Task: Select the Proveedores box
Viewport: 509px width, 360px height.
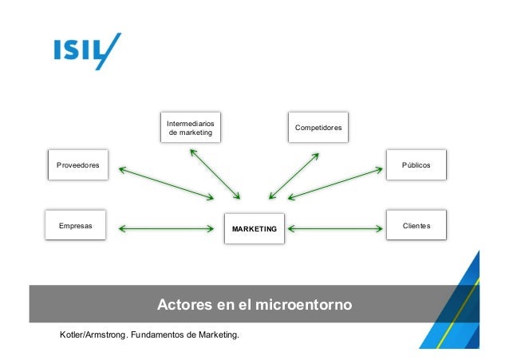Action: pyautogui.click(x=78, y=165)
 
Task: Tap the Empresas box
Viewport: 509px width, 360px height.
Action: pyautogui.click(x=76, y=226)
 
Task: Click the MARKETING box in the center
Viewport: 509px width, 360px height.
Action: pyautogui.click(x=254, y=229)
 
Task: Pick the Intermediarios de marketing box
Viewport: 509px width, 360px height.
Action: pyautogui.click(x=189, y=128)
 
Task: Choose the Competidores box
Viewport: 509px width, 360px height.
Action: pyautogui.click(x=318, y=128)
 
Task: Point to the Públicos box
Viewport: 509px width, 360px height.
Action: pyautogui.click(x=416, y=164)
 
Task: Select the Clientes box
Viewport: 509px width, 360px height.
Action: pyautogui.click(x=416, y=226)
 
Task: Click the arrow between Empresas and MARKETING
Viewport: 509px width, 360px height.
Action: pyautogui.click(x=167, y=229)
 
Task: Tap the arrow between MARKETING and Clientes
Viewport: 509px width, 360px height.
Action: pyautogui.click(x=333, y=229)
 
